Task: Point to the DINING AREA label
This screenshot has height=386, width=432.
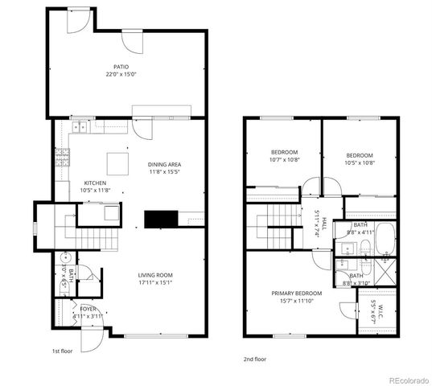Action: click(x=164, y=164)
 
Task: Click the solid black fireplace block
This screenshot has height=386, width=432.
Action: click(x=158, y=220)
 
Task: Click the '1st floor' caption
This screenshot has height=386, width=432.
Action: click(x=63, y=351)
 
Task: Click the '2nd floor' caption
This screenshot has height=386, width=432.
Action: click(x=254, y=359)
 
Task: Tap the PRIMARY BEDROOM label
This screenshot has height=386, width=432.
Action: click(x=296, y=294)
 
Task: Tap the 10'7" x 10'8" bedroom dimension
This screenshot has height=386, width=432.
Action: click(x=284, y=160)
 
